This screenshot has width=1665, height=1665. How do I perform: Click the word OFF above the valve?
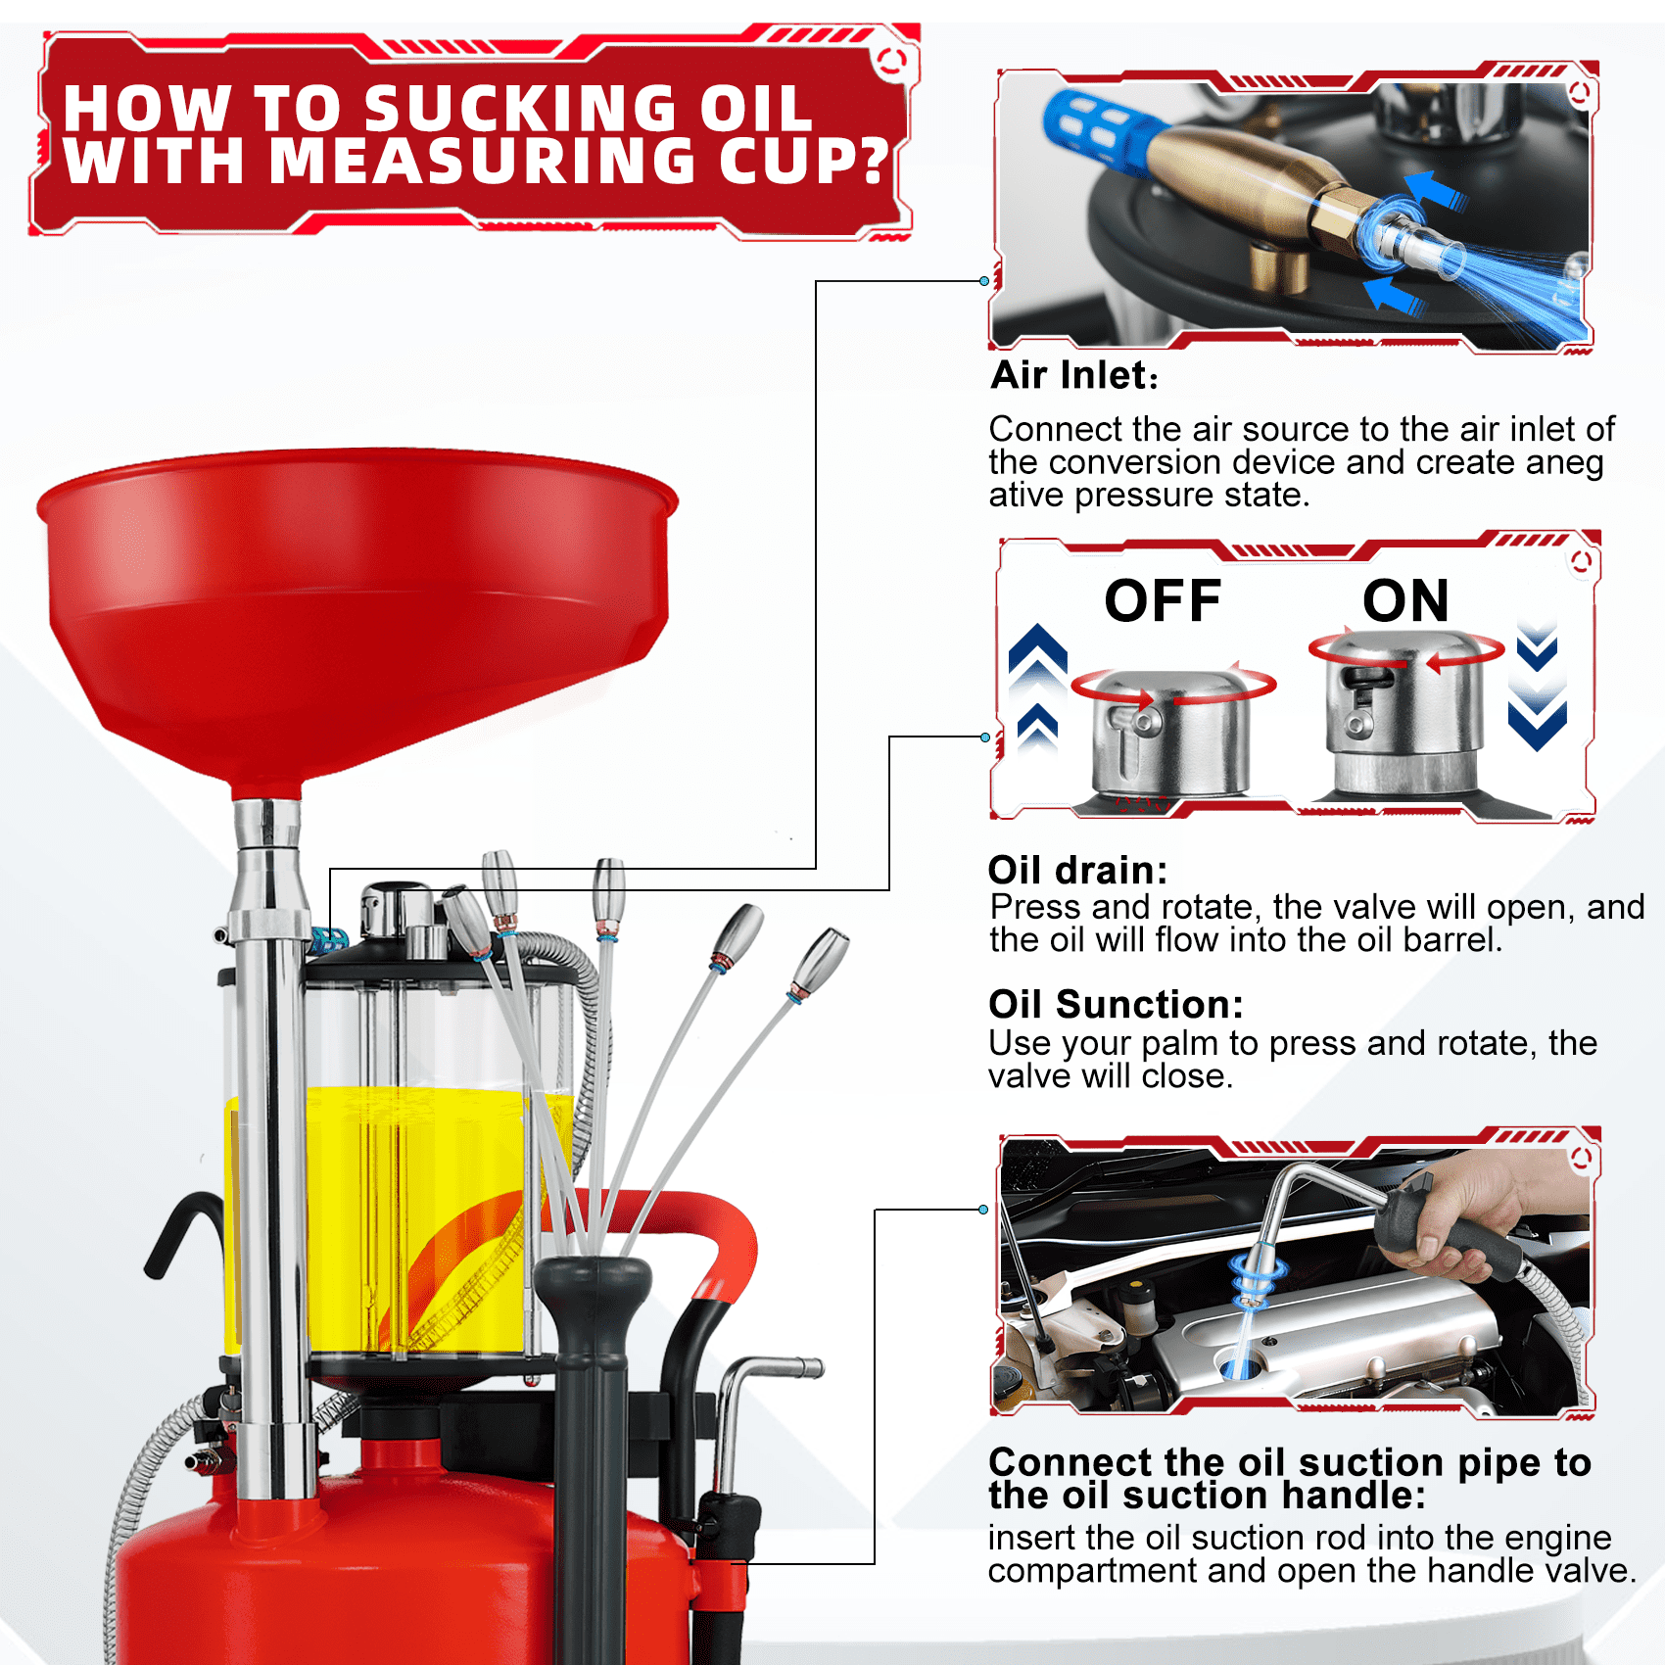point(1163,600)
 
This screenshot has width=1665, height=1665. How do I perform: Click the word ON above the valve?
point(1405,600)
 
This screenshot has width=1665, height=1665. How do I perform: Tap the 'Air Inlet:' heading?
point(1074,375)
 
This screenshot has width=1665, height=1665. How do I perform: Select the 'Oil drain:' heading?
point(1077,870)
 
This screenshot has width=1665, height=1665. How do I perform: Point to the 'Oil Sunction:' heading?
point(1116,1004)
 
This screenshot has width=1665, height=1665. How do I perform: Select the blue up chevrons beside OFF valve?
point(1037,686)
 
